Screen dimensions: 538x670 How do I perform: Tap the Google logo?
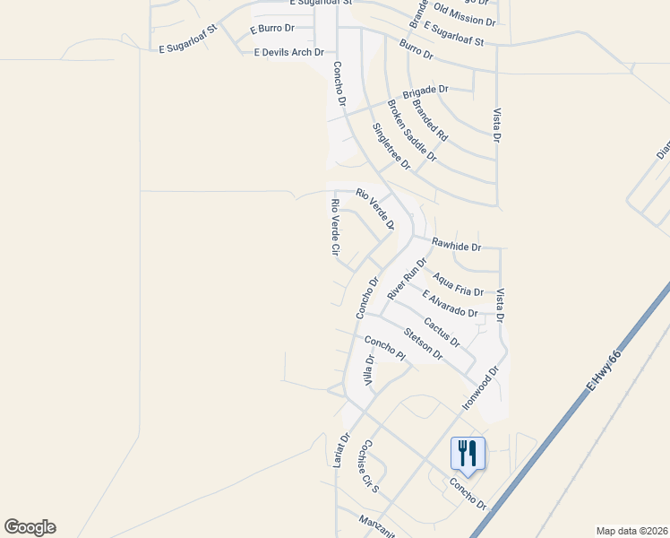30,527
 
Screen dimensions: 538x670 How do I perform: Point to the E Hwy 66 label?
604,369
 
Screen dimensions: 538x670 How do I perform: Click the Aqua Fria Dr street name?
458,286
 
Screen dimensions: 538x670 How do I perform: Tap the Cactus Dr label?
442,333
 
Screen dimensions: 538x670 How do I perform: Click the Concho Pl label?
385,349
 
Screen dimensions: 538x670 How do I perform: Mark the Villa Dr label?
368,370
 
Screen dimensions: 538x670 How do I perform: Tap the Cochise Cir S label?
368,468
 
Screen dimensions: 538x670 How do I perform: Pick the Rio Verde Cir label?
334,230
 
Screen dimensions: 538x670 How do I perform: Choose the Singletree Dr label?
391,146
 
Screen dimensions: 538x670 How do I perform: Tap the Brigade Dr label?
425,90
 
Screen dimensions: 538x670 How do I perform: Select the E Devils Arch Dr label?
288,52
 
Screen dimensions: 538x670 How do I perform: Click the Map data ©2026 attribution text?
631,531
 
